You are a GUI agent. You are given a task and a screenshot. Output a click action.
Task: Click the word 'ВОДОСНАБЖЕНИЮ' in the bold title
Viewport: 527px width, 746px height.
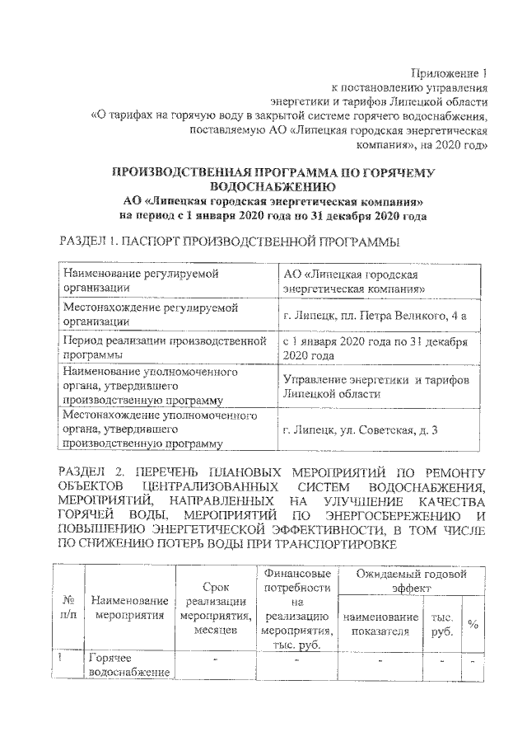(x=272, y=186)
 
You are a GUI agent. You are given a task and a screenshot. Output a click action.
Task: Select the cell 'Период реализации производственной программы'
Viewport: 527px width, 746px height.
(x=165, y=348)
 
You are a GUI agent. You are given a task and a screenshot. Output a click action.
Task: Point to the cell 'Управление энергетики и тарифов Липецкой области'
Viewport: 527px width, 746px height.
(x=375, y=387)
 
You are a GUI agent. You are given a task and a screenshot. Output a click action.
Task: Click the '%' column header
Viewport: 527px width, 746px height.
(x=473, y=623)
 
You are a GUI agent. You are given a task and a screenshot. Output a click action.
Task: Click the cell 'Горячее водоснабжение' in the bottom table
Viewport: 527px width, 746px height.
(x=129, y=666)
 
